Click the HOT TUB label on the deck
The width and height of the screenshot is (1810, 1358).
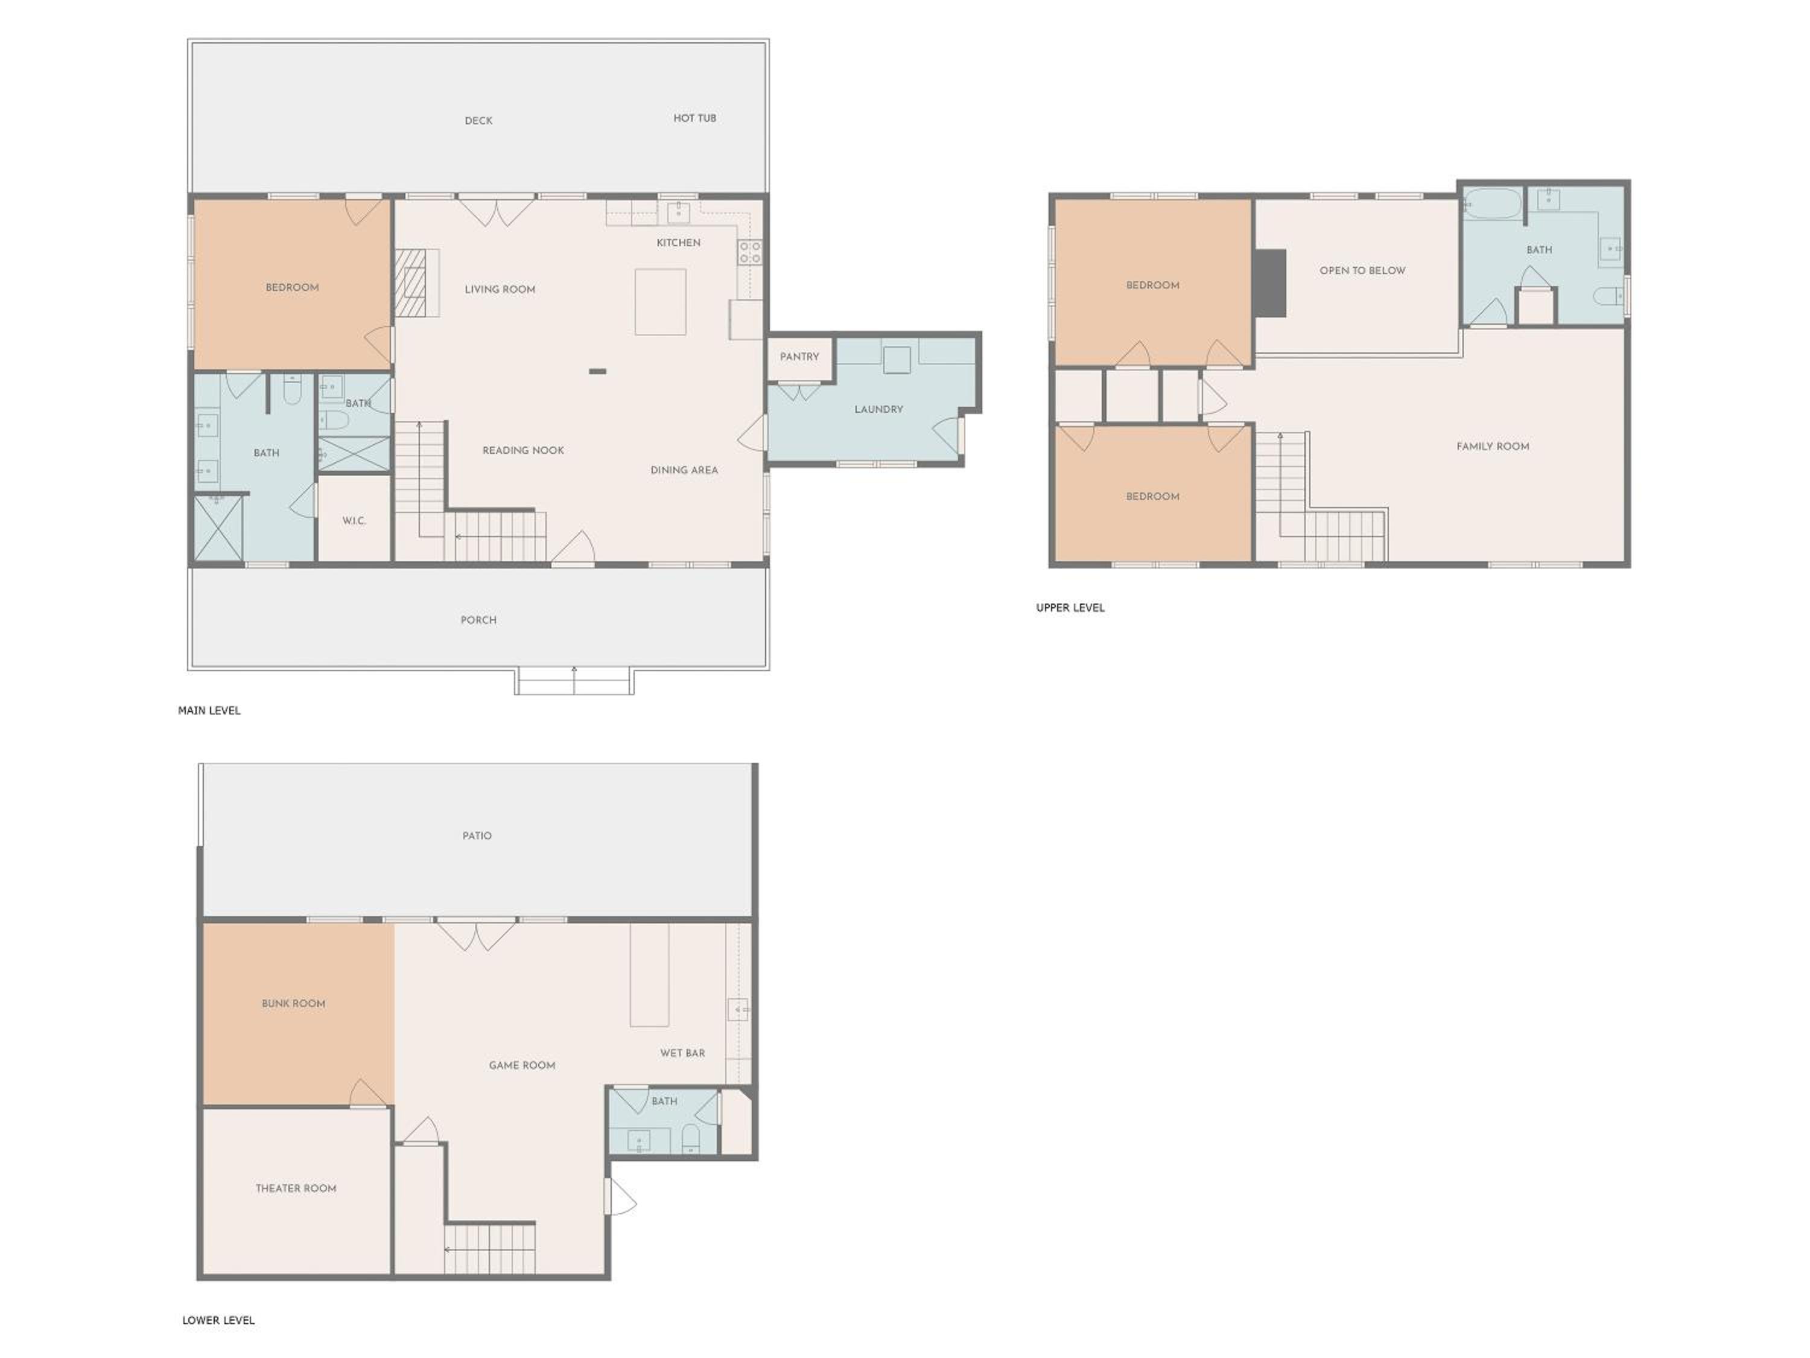[x=694, y=118]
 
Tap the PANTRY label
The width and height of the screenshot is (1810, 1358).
[x=799, y=357]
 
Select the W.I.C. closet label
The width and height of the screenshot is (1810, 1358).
[x=354, y=521]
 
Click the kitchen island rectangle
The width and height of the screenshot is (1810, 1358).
[x=660, y=301]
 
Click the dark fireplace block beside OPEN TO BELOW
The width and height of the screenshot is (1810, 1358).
[x=1271, y=282]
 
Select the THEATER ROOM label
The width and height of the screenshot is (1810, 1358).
[x=296, y=1188]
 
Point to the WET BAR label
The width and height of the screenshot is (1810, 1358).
[x=682, y=1053]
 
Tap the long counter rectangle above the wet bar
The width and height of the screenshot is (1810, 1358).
[x=649, y=975]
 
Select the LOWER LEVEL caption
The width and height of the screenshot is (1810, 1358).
[x=218, y=1321]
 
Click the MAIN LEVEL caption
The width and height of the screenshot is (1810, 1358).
[x=209, y=710]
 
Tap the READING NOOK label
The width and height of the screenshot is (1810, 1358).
[x=524, y=450]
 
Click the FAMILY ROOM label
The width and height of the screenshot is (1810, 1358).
[x=1493, y=446]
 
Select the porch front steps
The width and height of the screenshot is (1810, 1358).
[x=574, y=681]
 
